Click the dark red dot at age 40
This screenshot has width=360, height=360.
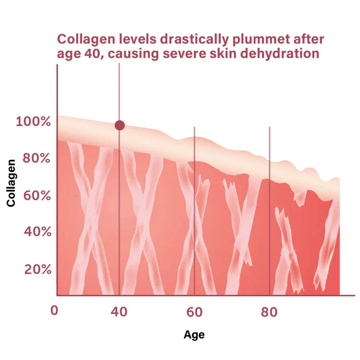click(x=120, y=125)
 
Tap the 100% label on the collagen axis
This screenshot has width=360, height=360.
click(x=33, y=122)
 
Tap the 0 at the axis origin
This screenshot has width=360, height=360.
click(x=54, y=310)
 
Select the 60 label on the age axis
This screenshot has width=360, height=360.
click(x=195, y=312)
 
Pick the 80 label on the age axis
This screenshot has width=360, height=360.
click(x=269, y=312)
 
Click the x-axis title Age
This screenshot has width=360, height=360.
click(x=194, y=335)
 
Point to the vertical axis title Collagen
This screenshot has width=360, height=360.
click(x=11, y=183)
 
